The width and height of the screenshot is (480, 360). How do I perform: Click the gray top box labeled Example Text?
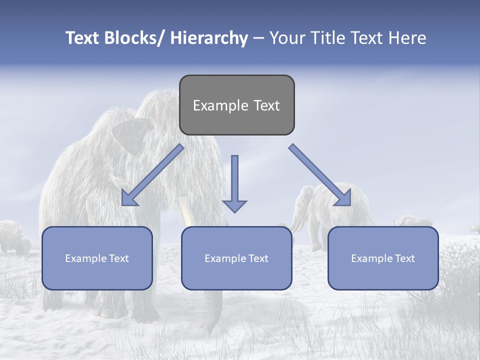click(x=236, y=105)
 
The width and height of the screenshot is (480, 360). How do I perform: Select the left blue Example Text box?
click(x=97, y=258)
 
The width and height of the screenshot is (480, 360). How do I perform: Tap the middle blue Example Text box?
click(x=236, y=258)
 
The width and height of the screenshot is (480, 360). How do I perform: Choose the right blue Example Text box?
click(x=383, y=258)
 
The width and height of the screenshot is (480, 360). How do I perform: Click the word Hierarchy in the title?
click(x=209, y=38)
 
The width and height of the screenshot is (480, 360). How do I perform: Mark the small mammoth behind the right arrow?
click(x=320, y=210)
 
